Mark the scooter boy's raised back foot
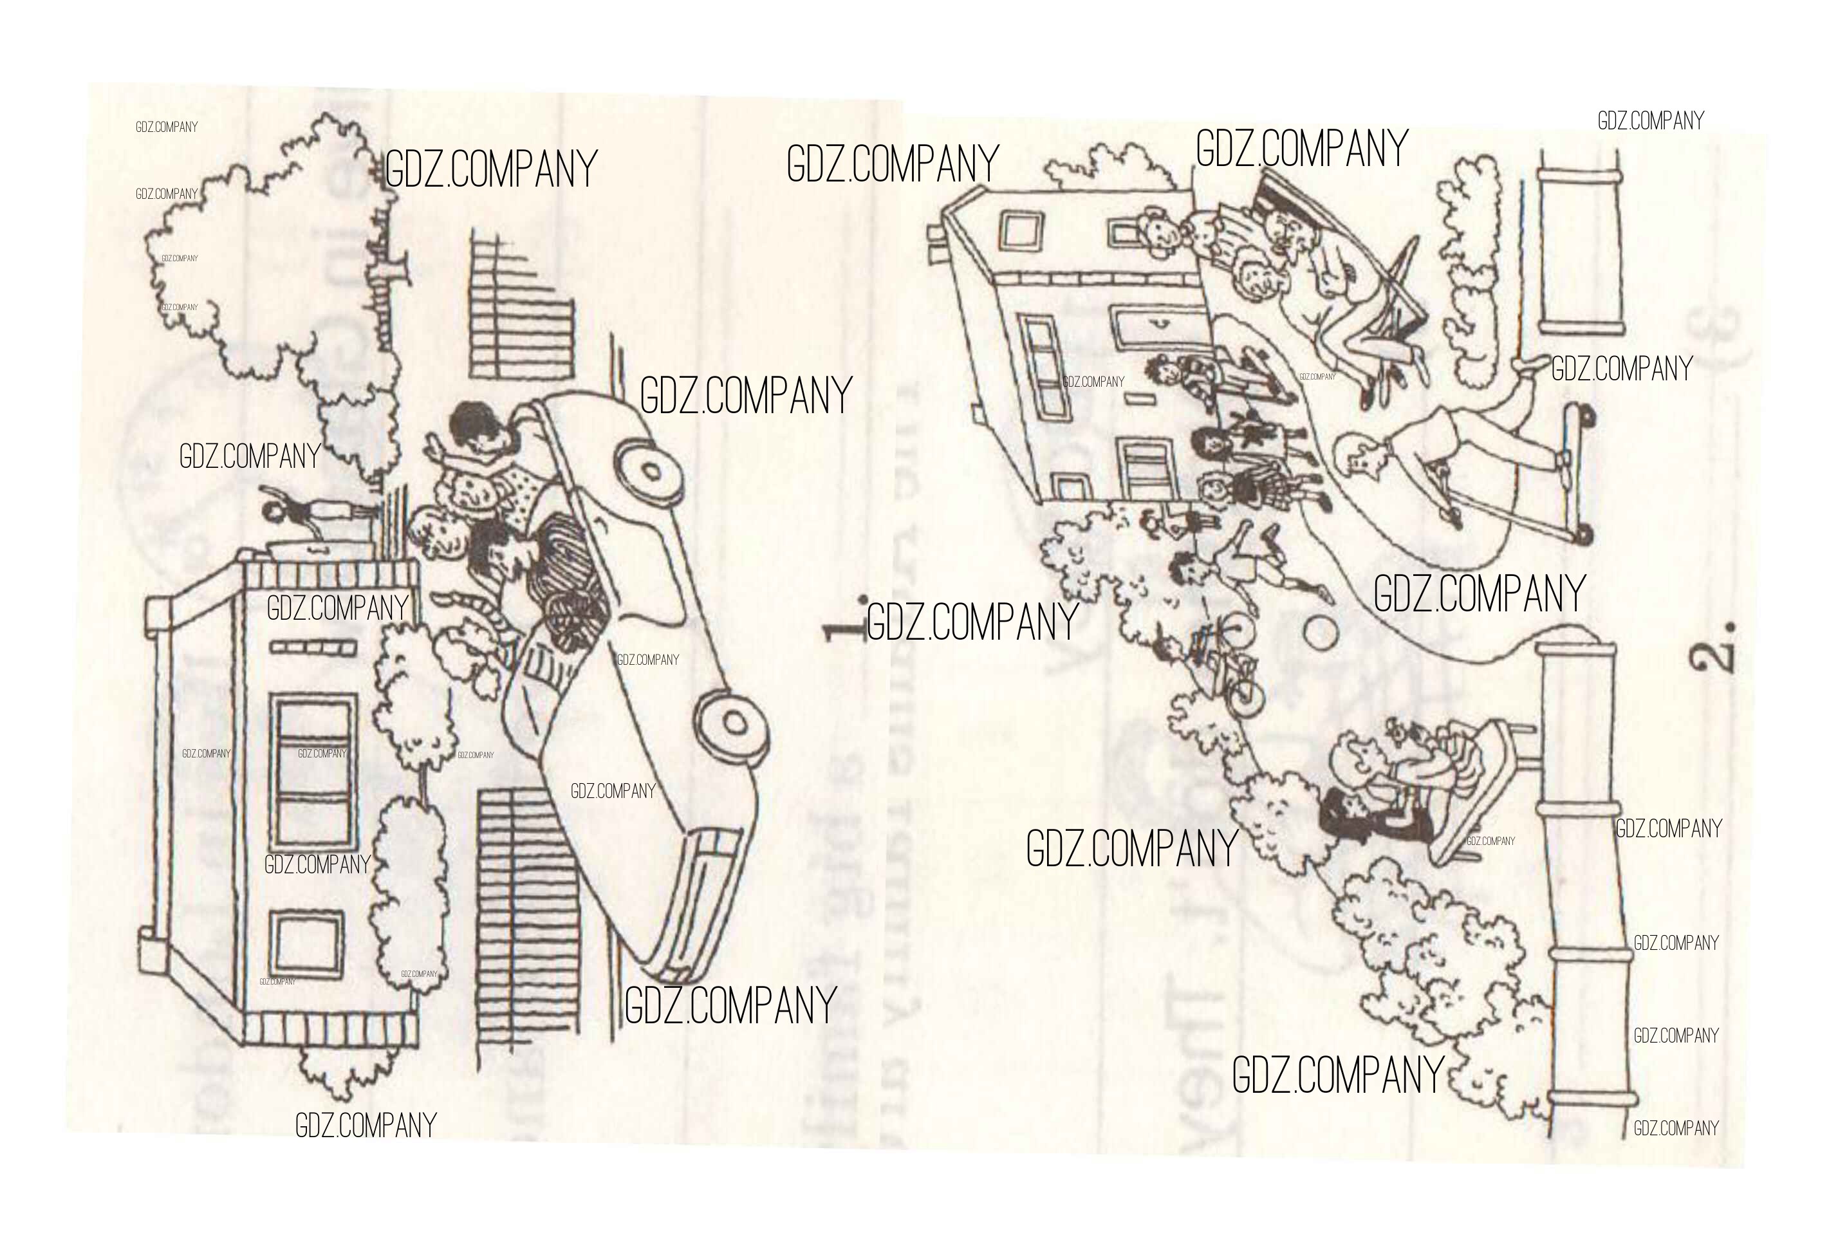coord(1531,366)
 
